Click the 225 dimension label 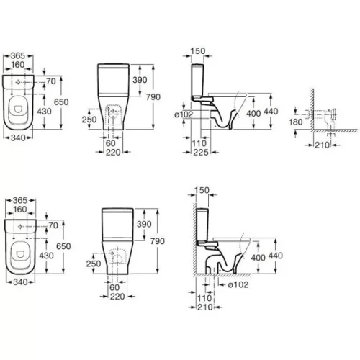201,152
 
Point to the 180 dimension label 296,122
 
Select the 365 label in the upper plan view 18,55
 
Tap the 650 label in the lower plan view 63,246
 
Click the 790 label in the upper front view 153,97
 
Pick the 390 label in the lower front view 144,224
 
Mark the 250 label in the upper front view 89,120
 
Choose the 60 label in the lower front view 114,287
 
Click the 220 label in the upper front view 113,152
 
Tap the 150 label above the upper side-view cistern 198,51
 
